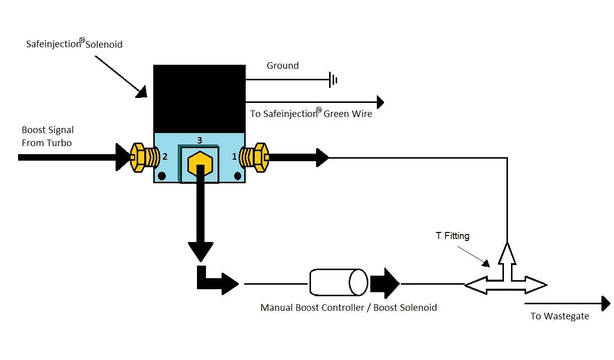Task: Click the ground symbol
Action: coord(333,80)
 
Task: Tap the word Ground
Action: coord(282,65)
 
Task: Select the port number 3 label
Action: coord(199,140)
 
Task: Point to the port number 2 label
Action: coord(165,157)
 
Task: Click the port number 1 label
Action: coord(234,157)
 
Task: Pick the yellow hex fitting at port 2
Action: coord(145,158)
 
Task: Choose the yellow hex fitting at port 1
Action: coord(254,158)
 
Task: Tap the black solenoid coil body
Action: coord(199,99)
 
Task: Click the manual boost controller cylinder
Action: coord(339,282)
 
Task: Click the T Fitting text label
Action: coord(453,235)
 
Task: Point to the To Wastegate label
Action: coord(560,316)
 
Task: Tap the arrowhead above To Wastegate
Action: coord(606,304)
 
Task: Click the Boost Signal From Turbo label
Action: coord(48,136)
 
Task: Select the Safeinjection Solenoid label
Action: coord(74,43)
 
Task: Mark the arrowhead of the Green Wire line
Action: coord(380,102)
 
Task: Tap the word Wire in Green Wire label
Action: coord(362,113)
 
